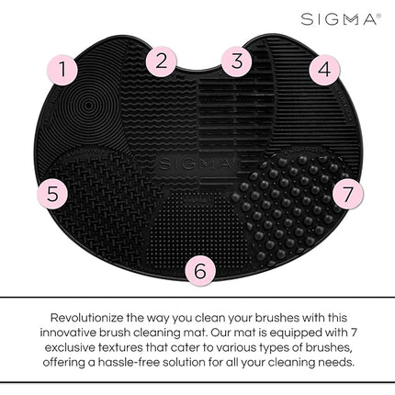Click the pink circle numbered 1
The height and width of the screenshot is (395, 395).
62,68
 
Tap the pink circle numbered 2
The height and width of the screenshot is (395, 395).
162,62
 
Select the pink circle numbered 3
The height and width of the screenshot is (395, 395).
237,62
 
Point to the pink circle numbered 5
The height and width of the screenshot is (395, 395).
53,194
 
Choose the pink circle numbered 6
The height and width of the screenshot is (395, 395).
199,269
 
